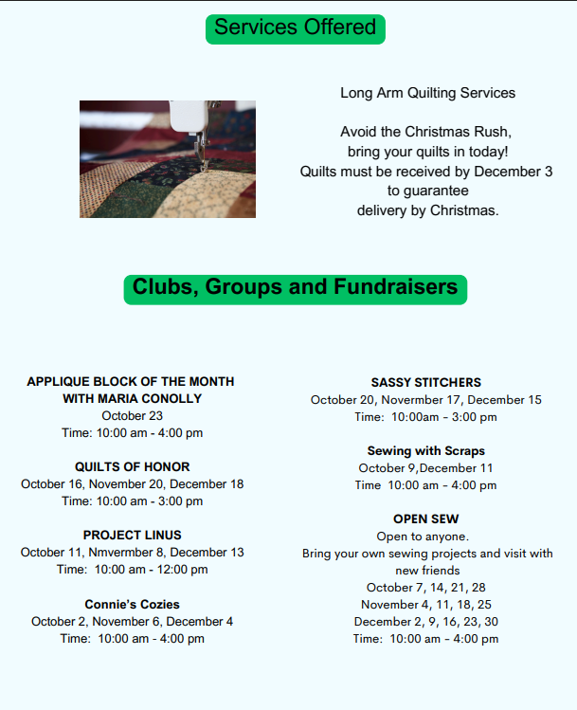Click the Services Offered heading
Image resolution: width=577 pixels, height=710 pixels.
[x=295, y=27]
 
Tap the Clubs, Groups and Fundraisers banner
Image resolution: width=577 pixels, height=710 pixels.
[x=295, y=287]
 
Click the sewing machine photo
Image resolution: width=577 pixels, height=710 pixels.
[x=167, y=159]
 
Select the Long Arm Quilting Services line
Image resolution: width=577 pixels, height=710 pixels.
[x=427, y=93]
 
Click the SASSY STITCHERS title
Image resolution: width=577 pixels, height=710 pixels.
[x=425, y=382]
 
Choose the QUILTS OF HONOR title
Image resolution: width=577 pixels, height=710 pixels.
[x=132, y=466]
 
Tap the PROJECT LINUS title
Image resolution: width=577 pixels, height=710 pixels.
[x=132, y=536]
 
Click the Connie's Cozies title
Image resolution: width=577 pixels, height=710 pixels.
[x=132, y=604]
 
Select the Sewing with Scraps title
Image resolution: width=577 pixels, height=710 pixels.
[x=425, y=451]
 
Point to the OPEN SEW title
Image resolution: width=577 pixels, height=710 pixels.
[x=425, y=519]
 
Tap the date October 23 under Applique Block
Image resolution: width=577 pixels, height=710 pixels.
[x=132, y=415]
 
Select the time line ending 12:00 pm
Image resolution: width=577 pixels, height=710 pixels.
[x=132, y=570]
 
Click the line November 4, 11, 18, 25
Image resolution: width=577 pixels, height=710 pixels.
[x=425, y=605]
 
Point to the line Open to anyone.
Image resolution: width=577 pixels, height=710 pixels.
[x=425, y=537]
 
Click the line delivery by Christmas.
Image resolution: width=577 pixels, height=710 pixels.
[x=427, y=209]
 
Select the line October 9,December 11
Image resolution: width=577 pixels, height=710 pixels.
[x=425, y=468]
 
